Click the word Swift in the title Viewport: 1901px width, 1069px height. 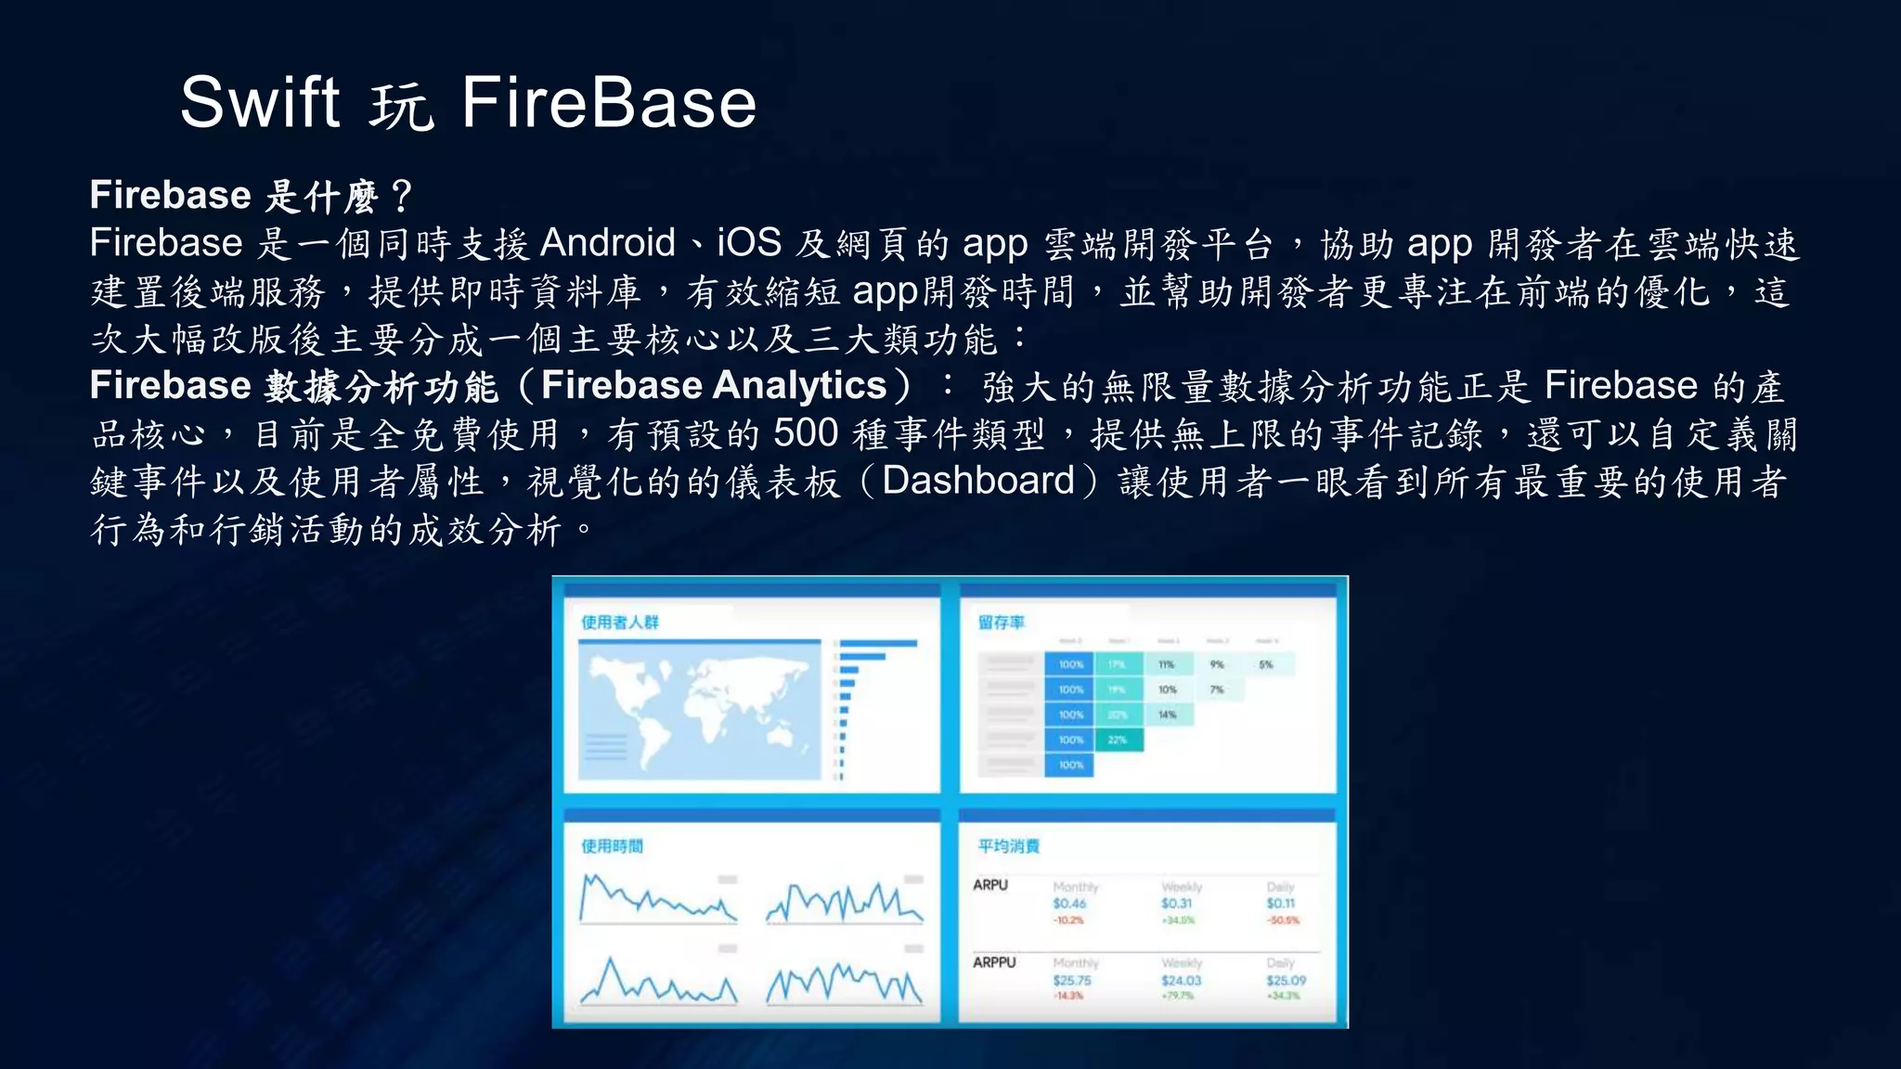260,102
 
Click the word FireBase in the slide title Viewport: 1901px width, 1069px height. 609,102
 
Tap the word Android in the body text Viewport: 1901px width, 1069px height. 607,243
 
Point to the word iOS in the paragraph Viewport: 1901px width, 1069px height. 748,243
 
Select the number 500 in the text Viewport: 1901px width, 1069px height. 806,433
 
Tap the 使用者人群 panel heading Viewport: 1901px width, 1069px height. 620,622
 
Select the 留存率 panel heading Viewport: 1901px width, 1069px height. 1001,622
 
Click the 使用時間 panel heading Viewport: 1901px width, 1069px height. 612,845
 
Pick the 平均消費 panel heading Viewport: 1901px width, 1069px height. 1008,845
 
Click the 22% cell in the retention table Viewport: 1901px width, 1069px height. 1118,740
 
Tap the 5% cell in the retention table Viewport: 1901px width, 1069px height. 1266,664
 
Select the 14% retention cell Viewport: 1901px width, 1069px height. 1167,715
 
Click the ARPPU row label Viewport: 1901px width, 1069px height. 994,962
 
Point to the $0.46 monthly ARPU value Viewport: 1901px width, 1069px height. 1069,903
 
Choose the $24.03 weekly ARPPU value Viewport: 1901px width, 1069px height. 1181,980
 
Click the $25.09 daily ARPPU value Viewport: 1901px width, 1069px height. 1286,980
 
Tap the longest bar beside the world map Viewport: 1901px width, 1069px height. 877,643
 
